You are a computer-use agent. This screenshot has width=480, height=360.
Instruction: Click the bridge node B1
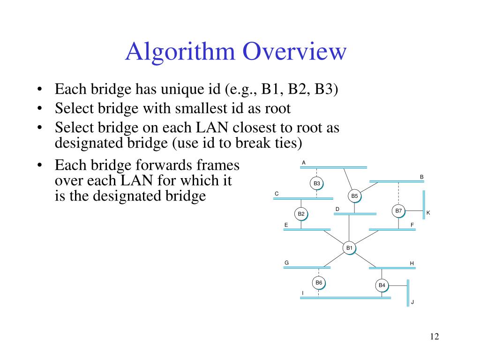(349, 247)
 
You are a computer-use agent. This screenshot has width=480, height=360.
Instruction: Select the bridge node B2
(301, 214)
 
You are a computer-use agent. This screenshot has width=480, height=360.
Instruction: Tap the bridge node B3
(317, 183)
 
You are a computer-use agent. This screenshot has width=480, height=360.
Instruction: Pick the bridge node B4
(382, 285)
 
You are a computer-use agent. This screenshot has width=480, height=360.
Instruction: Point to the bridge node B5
(354, 195)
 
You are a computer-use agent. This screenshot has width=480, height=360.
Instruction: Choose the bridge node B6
(319, 282)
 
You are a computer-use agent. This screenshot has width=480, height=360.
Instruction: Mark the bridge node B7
(398, 211)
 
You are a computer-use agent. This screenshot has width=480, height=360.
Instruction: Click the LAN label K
(428, 213)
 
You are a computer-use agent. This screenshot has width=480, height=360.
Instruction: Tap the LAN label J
(412, 302)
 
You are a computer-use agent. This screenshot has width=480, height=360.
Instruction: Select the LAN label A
(304, 163)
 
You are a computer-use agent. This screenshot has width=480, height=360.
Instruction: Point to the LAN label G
(286, 262)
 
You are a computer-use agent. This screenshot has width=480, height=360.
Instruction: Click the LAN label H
(412, 263)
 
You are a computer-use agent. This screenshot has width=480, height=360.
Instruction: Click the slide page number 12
(434, 337)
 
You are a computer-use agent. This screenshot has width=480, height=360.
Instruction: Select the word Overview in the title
(293, 52)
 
